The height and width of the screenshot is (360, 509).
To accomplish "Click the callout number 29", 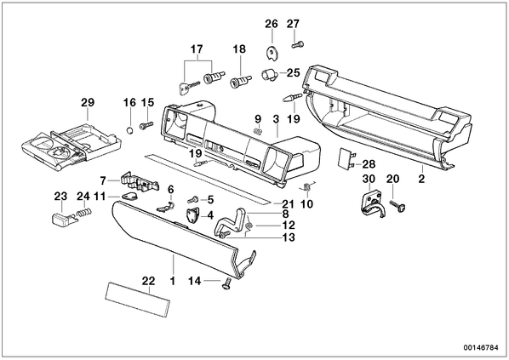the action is click(88, 103).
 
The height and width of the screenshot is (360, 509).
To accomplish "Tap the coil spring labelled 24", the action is click(84, 214).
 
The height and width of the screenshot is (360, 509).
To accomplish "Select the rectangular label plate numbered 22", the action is click(138, 300).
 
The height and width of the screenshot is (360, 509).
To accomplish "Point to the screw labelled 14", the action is click(226, 283).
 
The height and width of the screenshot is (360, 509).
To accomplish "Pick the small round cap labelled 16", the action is click(129, 130).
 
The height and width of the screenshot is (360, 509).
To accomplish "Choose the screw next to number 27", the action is click(297, 45).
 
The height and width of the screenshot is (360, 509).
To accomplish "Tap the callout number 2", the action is click(421, 179).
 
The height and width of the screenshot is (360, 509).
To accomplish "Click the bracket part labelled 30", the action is click(373, 203).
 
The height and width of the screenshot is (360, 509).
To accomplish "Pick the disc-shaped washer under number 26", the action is click(272, 53).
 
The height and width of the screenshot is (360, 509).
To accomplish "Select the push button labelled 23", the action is click(64, 218).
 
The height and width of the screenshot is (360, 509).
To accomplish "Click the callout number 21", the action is click(289, 204).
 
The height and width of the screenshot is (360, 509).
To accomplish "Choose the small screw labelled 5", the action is click(193, 198).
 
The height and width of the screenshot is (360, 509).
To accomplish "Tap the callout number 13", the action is click(289, 237).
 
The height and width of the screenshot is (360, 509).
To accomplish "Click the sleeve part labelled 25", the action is click(269, 75).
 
